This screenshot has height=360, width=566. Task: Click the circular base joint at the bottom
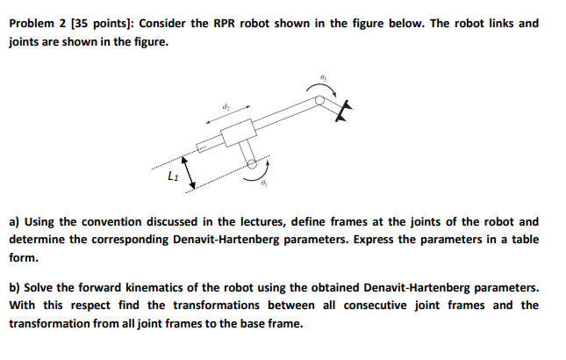click(x=253, y=163)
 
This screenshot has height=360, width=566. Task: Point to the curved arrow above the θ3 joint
click(x=317, y=89)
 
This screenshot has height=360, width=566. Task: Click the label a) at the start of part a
click(x=14, y=222)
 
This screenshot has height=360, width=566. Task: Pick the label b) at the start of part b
click(x=15, y=287)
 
